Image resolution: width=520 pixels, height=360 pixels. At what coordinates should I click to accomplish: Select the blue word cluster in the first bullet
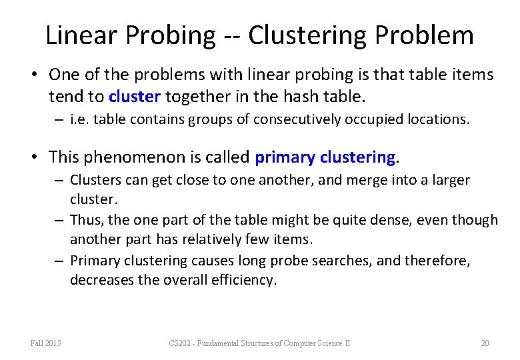point(135,97)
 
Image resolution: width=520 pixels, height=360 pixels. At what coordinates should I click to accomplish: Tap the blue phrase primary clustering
point(325,157)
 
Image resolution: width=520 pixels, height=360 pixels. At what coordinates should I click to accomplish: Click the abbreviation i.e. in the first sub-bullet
point(78,121)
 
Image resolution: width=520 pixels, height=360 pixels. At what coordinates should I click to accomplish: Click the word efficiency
point(242,280)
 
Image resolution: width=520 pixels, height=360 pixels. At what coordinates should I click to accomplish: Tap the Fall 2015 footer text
point(45,343)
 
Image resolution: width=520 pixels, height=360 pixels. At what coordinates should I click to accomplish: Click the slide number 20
point(485,343)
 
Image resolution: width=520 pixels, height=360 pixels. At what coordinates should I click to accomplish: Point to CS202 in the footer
point(180,343)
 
